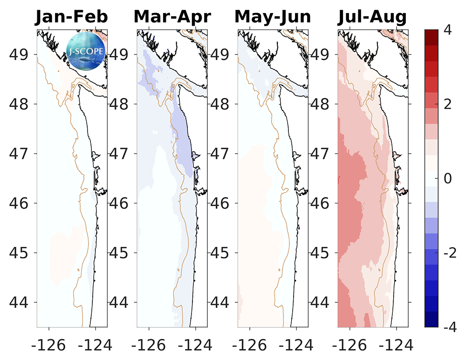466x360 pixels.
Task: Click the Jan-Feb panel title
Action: pyautogui.click(x=72, y=16)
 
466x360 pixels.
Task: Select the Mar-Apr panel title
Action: pyautogui.click(x=172, y=16)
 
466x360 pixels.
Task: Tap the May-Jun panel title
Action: pyautogui.click(x=273, y=16)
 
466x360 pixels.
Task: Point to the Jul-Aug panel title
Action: pyautogui.click(x=372, y=16)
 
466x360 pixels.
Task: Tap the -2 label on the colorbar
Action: pyautogui.click(x=449, y=252)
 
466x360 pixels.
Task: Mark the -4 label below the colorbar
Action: pyautogui.click(x=449, y=327)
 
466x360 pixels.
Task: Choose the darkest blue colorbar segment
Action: pyautogui.click(x=432, y=321)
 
